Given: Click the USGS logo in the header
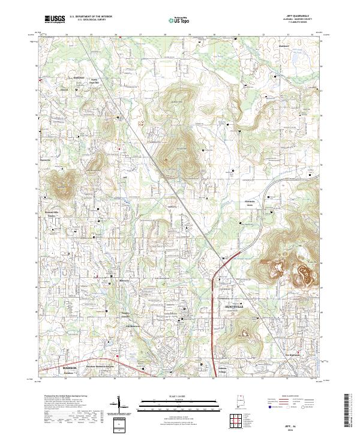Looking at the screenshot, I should pos(54,19).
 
